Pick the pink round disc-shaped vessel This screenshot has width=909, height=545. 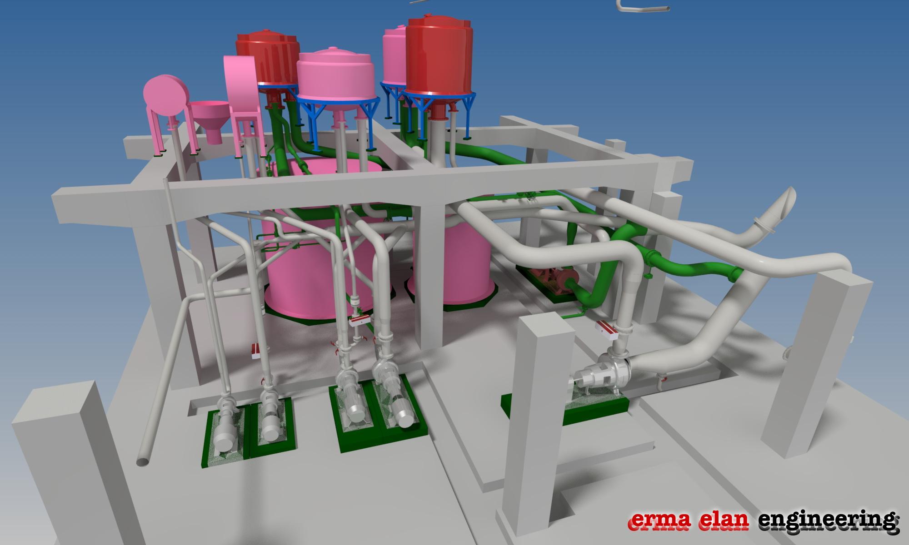point(165,96)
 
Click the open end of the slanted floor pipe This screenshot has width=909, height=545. point(143,461)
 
